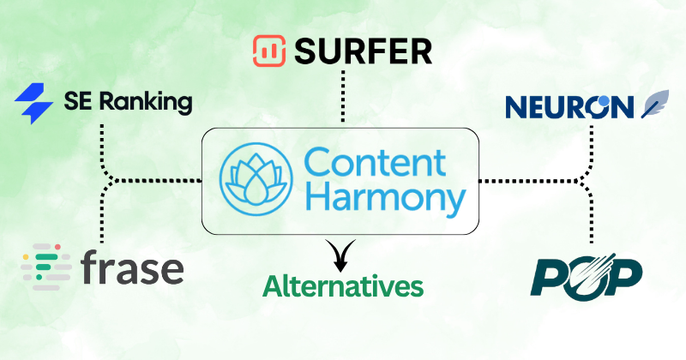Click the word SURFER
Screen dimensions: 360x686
[364, 52]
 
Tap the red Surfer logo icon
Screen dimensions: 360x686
[268, 52]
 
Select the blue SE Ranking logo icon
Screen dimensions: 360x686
[34, 104]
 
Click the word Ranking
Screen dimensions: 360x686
[142, 104]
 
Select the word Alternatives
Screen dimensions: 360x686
[343, 285]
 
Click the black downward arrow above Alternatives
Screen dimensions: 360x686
[342, 253]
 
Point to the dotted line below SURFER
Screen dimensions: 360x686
[343, 97]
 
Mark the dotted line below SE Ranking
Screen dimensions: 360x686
[103, 146]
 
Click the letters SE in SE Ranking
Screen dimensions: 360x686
[77, 104]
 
